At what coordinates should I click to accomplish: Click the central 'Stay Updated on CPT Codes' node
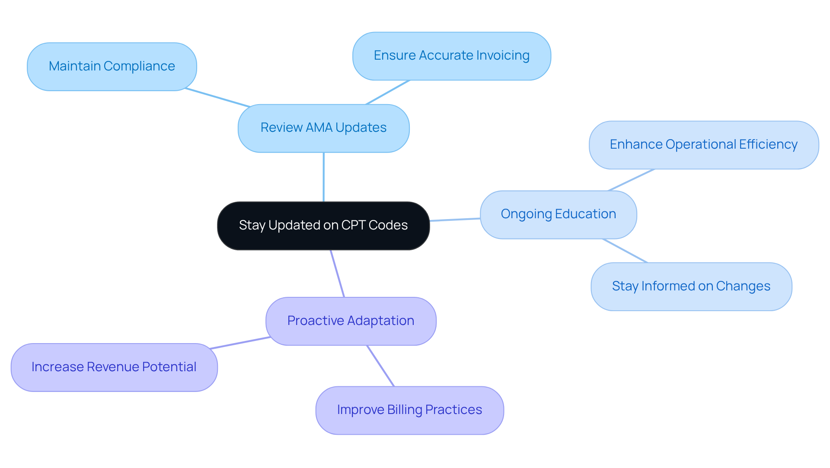point(323,226)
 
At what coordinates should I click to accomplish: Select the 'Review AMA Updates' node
point(323,128)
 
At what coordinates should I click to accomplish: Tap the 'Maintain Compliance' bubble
point(112,67)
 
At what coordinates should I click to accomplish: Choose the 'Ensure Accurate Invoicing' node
point(451,56)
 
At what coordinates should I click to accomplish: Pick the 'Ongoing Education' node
point(558,214)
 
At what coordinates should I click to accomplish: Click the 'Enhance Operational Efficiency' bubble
point(703,145)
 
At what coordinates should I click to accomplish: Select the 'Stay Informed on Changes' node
point(691,287)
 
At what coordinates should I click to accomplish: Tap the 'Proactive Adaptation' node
point(351,321)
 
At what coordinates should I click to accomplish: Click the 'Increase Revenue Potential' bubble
point(114,367)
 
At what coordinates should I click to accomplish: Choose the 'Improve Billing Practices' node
point(409,410)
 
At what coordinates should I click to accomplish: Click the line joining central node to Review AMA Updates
point(323,177)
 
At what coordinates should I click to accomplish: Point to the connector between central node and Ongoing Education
point(455,220)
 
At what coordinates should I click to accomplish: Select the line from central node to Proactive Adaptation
point(338,274)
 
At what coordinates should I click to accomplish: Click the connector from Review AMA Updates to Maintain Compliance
point(217,97)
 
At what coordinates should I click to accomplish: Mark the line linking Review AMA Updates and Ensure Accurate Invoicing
point(388,92)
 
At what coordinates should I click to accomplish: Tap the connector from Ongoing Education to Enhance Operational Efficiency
point(631,180)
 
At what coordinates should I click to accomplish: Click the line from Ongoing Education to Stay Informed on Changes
point(625,251)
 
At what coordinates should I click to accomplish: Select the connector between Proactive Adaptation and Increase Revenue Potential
point(240,343)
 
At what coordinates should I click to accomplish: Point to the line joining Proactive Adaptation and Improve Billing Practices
point(380,366)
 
